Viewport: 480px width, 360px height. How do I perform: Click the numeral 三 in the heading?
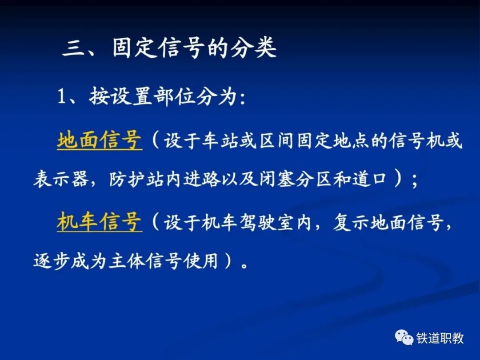click(73, 49)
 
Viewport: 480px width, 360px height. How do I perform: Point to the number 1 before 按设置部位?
click(62, 96)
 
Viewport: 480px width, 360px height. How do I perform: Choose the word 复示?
click(351, 222)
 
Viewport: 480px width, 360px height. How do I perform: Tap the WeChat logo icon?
click(404, 337)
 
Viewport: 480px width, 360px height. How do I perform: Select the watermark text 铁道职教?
click(440, 338)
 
